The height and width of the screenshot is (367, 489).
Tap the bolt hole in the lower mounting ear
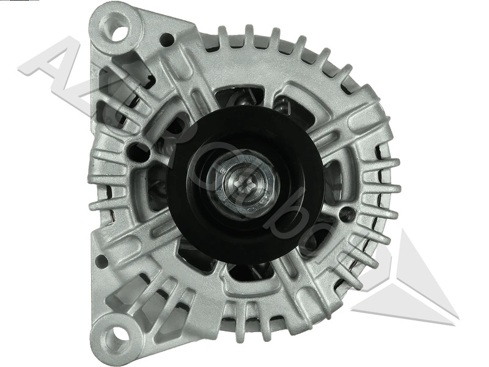(x=114, y=335)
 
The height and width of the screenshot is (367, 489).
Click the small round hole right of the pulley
(x=347, y=213)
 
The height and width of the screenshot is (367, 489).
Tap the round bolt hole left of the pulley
(x=138, y=150)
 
